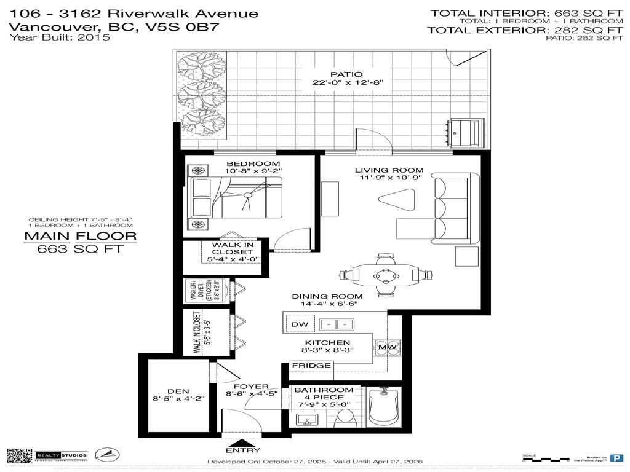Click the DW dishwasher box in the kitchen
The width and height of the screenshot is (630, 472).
(298, 324)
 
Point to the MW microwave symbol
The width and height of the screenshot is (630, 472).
(386, 347)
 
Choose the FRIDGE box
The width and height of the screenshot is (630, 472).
(311, 365)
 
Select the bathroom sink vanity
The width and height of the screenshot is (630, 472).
(306, 420)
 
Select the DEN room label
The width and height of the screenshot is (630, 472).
(178, 391)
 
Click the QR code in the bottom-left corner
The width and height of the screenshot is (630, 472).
(18, 455)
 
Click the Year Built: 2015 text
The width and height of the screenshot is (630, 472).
(59, 37)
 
